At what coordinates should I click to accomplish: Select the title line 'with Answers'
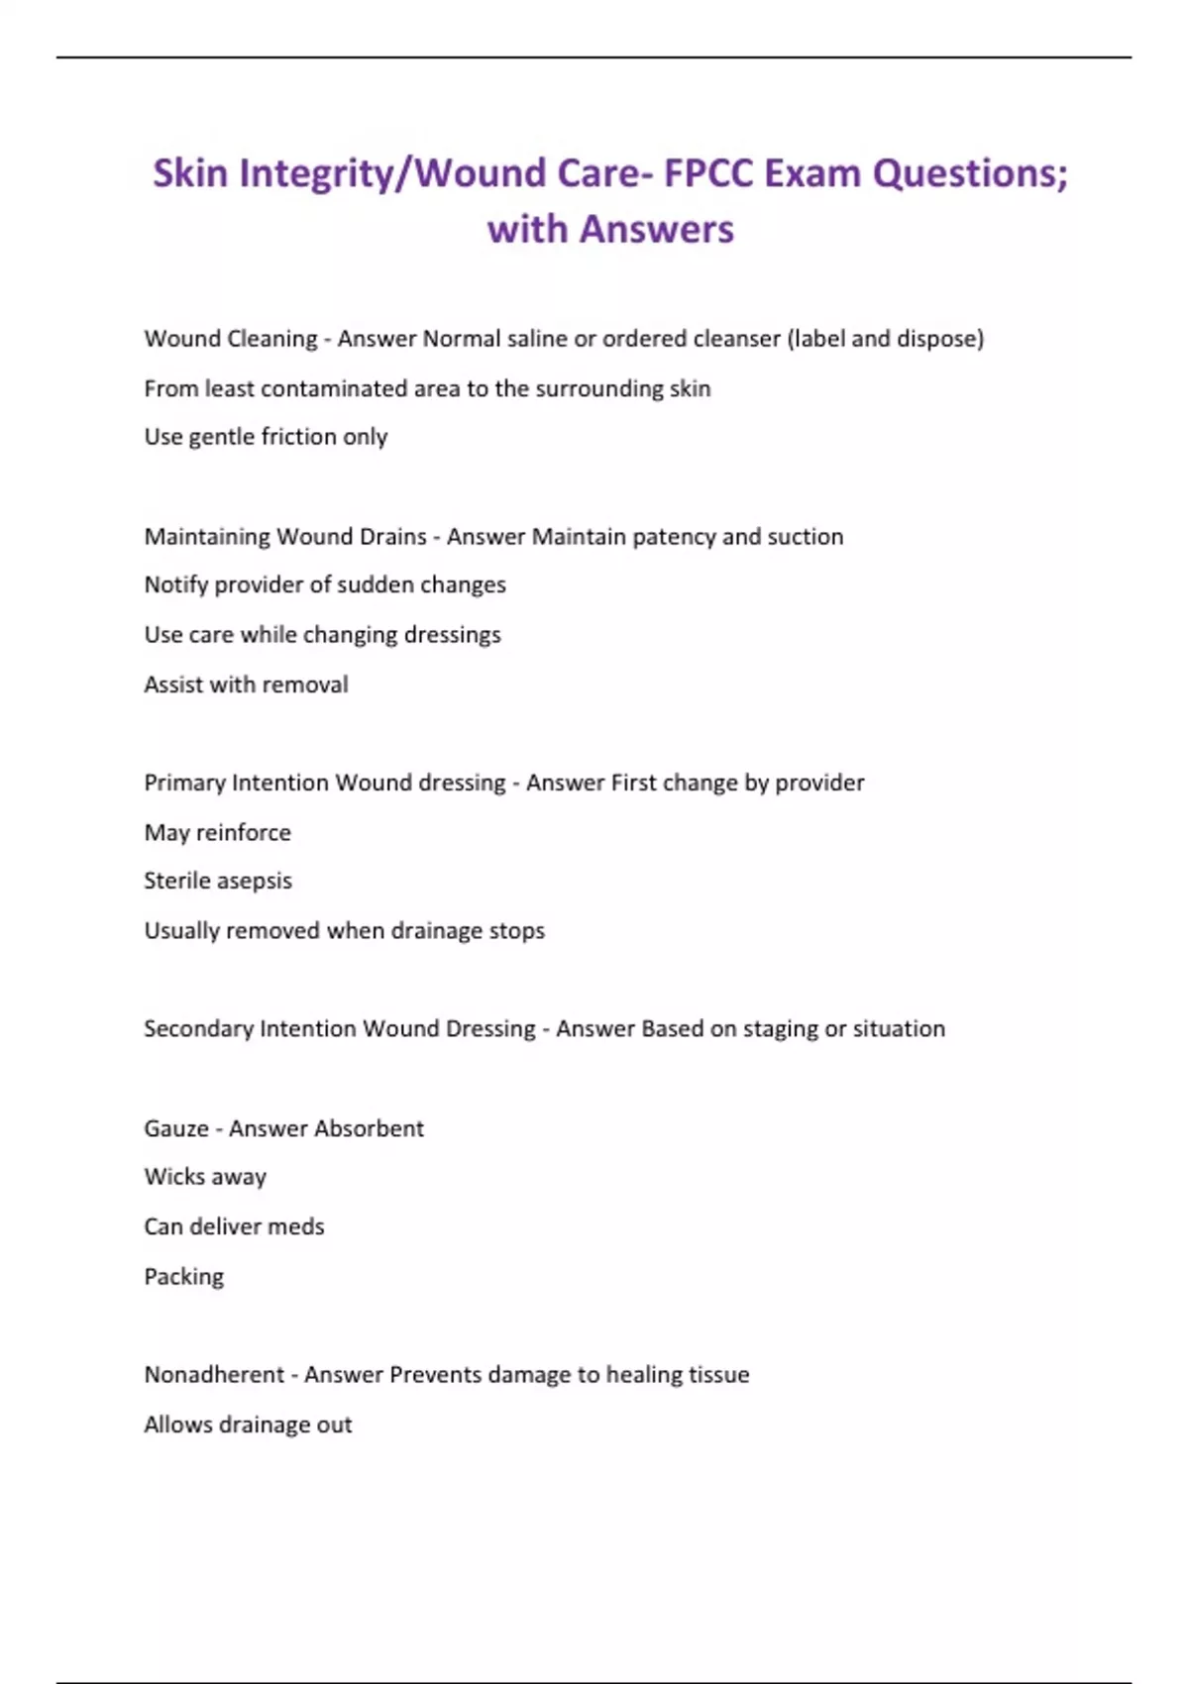[x=610, y=230]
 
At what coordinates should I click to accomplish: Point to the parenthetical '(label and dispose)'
[x=885, y=339]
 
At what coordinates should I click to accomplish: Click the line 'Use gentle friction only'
[x=266, y=437]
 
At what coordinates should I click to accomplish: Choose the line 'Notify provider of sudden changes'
[x=325, y=585]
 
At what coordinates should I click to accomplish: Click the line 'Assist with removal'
[x=246, y=684]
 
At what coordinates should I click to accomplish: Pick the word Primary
[x=184, y=784]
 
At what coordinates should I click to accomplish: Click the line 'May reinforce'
[x=218, y=832]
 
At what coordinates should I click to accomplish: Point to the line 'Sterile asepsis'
[x=218, y=881]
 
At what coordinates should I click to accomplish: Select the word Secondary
[x=198, y=1029]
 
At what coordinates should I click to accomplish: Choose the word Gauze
[x=176, y=1128]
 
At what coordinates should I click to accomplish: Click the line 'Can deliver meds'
[x=234, y=1226]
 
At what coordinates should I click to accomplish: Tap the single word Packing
[x=184, y=1277]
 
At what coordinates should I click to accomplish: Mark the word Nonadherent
[x=214, y=1375]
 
